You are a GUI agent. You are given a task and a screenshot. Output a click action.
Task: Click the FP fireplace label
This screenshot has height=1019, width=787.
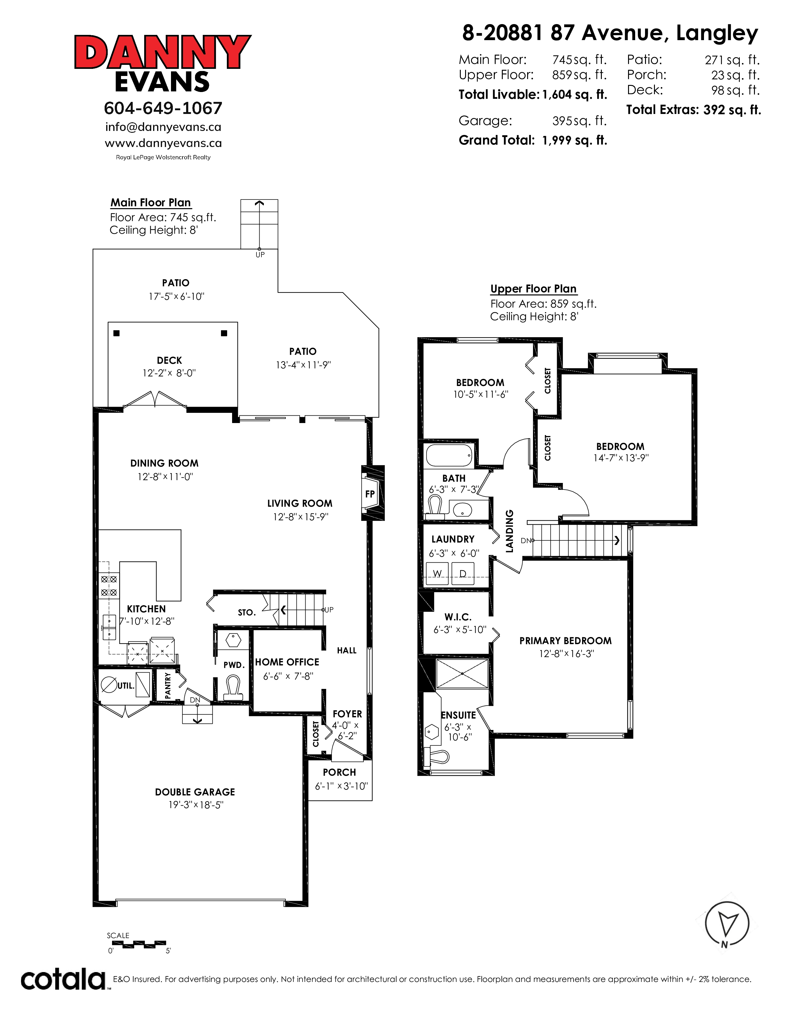(370, 494)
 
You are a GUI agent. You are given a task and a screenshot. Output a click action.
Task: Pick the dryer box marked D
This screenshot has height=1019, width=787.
(463, 573)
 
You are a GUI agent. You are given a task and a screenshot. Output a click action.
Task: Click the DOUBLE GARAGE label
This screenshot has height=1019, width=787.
(195, 792)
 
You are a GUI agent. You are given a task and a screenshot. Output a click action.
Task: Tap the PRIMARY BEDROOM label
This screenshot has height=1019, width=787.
(565, 641)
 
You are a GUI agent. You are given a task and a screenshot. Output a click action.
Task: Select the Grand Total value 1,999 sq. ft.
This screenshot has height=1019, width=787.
(574, 140)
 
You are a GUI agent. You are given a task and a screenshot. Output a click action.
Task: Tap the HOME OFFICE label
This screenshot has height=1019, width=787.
(287, 662)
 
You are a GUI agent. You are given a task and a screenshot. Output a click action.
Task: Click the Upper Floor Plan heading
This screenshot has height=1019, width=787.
(533, 289)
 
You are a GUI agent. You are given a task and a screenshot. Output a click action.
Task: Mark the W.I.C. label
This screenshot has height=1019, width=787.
(458, 617)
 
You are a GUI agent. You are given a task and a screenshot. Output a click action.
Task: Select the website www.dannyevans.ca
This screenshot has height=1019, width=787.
(163, 143)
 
